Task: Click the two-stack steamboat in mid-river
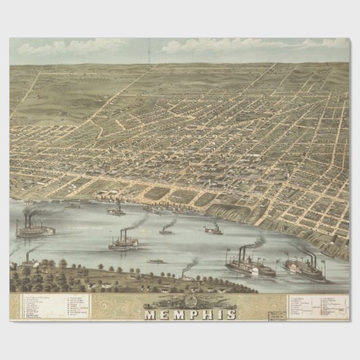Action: (x=123, y=242)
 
